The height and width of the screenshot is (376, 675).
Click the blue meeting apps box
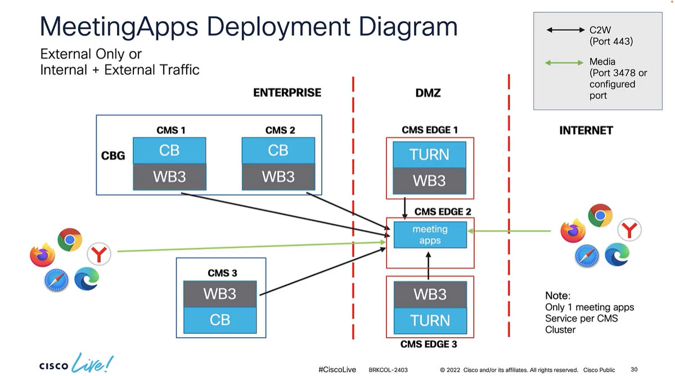click(430, 235)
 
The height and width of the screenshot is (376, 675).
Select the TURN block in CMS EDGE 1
click(429, 154)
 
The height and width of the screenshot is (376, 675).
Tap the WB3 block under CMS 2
click(278, 177)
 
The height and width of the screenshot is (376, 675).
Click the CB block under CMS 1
click(169, 150)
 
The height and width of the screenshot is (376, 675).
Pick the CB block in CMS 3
click(220, 320)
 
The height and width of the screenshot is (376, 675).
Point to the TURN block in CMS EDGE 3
click(430, 320)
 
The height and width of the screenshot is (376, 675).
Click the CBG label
click(113, 156)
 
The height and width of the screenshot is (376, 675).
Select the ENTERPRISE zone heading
click(287, 93)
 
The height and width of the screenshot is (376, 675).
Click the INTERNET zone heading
click(586, 131)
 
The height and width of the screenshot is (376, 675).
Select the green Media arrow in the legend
click(565, 62)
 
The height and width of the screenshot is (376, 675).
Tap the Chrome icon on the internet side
click(600, 216)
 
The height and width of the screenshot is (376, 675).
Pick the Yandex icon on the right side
click(629, 230)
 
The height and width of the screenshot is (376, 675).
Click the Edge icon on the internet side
click(616, 254)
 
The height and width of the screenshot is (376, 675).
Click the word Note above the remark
click(557, 296)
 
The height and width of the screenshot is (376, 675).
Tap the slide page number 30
click(634, 370)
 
